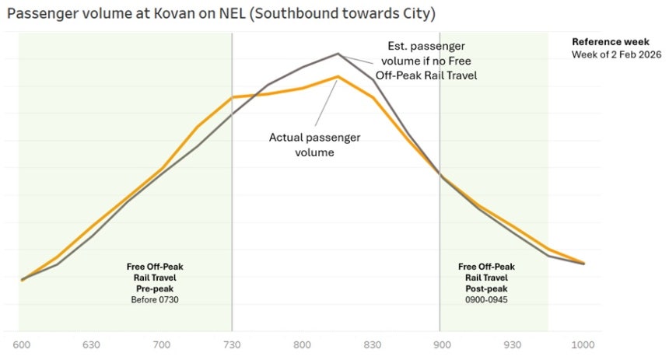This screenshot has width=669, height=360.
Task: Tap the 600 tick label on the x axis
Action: coord(22,344)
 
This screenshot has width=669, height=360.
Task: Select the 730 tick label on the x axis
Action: coord(232,344)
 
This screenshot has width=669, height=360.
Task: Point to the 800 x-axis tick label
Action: coord(302,344)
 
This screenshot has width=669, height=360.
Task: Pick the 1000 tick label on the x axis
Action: coord(583,344)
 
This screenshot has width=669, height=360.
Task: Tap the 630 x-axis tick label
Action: coord(91,344)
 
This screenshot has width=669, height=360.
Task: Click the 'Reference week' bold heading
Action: coord(611,42)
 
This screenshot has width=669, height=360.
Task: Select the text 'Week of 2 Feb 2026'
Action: coord(617,54)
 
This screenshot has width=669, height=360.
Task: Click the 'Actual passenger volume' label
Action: coord(314,145)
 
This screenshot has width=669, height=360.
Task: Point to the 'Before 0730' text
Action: coord(155,300)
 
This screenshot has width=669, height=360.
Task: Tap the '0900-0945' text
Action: coord(486,300)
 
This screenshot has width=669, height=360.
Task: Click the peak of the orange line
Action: coord(338,77)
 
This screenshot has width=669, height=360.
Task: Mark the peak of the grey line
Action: coord(338,54)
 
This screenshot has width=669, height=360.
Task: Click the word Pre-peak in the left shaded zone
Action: coord(155,288)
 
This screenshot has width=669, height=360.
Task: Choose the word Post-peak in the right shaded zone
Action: coord(486,288)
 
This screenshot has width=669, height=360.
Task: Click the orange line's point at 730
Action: coord(232,97)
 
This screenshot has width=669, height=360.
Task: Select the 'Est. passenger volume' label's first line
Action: coord(426,46)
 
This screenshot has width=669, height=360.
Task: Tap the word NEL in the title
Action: coord(232,14)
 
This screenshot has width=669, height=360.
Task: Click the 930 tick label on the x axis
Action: coord(513,344)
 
